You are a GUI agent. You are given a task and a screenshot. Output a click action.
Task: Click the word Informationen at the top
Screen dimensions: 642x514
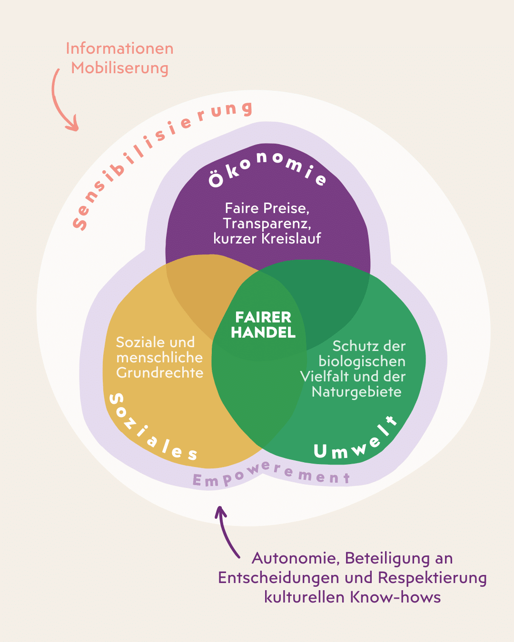tap(119, 49)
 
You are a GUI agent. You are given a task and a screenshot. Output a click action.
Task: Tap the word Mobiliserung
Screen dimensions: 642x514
tap(119, 68)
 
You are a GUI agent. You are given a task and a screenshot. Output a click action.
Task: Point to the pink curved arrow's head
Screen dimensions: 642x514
tap(73, 126)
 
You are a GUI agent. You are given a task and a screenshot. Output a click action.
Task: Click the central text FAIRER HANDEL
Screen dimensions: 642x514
tap(263, 325)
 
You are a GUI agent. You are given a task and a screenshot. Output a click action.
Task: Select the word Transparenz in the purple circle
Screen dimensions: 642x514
tap(267, 224)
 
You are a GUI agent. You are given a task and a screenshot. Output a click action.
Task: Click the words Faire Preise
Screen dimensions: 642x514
tap(267, 208)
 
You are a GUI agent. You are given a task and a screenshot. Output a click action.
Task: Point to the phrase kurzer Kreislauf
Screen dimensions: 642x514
tap(267, 239)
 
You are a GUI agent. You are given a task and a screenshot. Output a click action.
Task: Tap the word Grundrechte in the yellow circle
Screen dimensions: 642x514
tap(160, 373)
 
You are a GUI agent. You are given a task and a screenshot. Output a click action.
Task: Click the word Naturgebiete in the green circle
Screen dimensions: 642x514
tap(356, 392)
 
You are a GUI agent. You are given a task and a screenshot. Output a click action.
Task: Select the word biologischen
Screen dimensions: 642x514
tap(362, 361)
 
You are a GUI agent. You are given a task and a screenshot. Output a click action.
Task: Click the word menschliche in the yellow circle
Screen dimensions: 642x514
tap(159, 358)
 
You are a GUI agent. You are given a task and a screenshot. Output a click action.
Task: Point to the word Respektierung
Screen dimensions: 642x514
tap(432, 578)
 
